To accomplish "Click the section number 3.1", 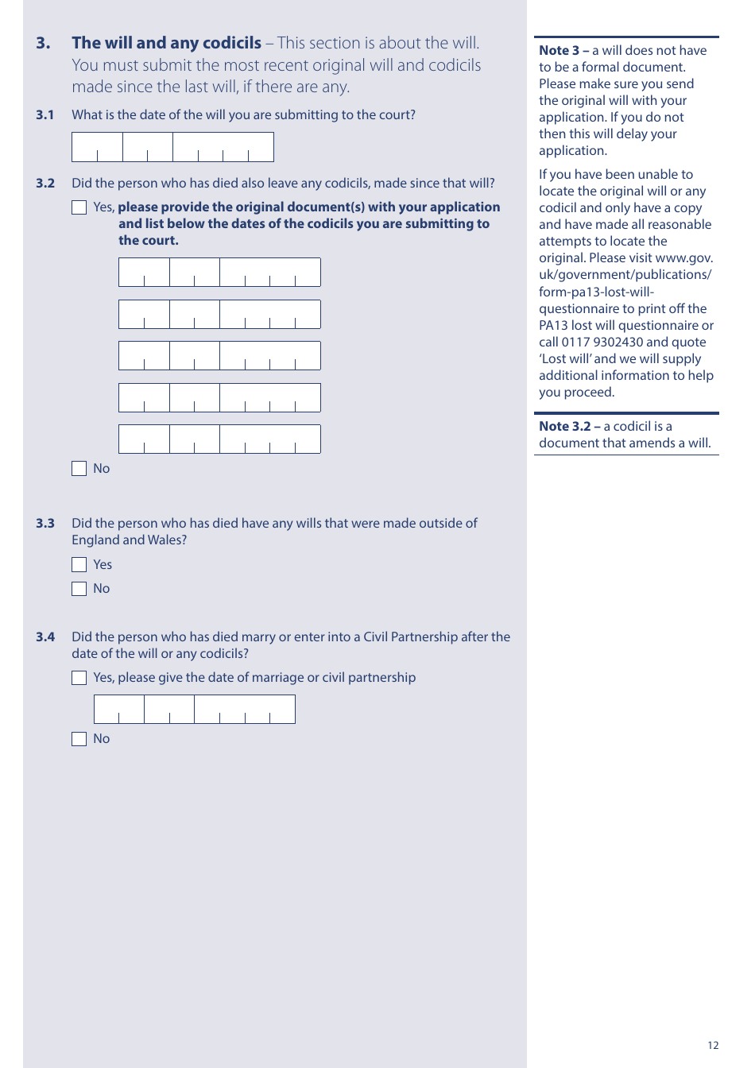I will (45, 115).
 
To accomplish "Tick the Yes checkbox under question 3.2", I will (79, 207).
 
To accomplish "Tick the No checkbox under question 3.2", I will (79, 469).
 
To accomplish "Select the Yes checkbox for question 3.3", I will (79, 565).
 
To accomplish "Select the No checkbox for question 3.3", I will (79, 589).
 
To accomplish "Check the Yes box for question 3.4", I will (79, 678).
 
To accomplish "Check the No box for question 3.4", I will (79, 739).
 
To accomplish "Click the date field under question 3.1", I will (172, 147).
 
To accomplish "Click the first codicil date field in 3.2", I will (219, 272).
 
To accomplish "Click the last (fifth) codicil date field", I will (219, 439).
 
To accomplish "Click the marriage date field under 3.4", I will (194, 709).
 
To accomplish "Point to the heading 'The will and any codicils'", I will (166, 43).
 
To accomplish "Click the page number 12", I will (713, 1045).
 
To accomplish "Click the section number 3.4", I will (45, 637).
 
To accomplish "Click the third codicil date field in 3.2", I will (219, 355).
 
